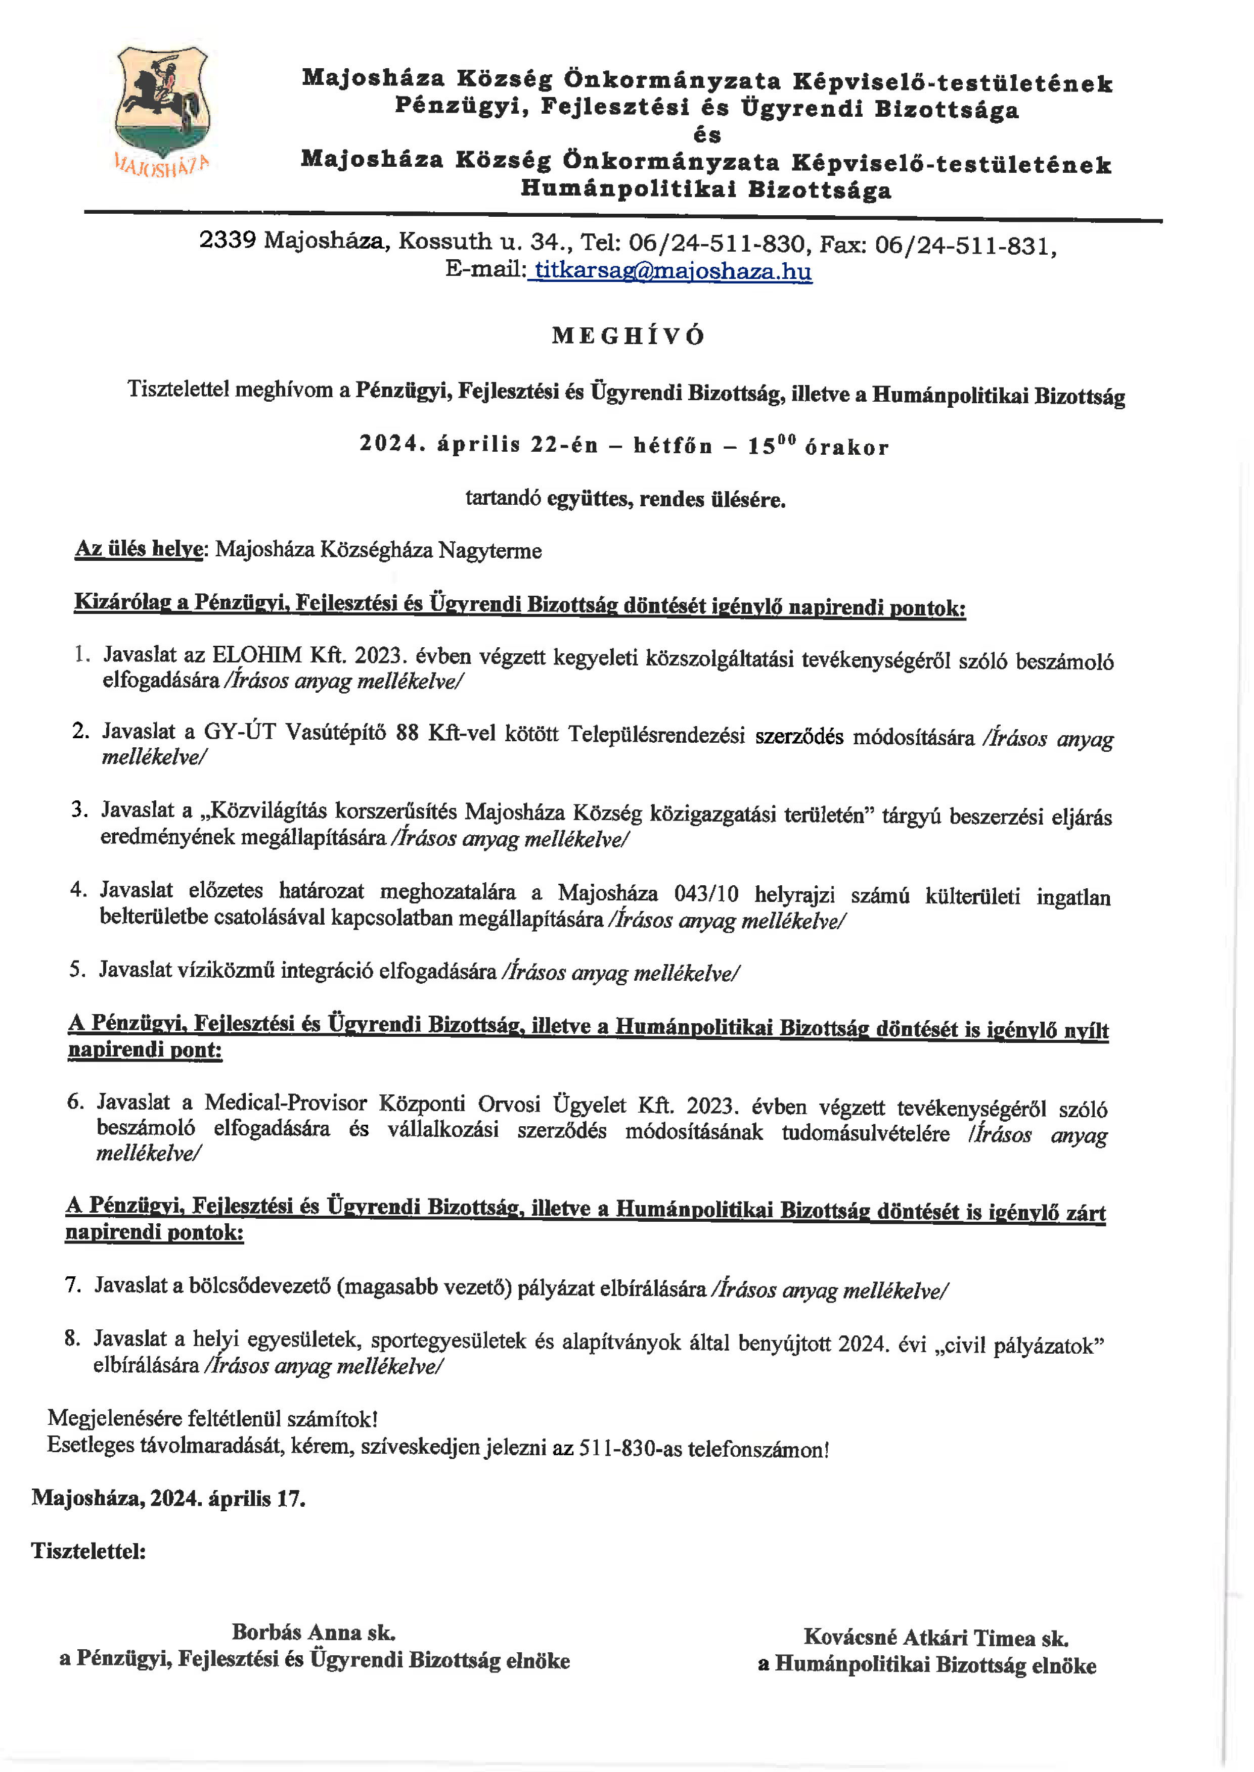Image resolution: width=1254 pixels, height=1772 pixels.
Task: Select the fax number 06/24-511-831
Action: (965, 246)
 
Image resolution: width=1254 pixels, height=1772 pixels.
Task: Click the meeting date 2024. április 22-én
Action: (479, 445)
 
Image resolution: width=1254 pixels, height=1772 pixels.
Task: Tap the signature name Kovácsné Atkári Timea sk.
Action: (936, 1637)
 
